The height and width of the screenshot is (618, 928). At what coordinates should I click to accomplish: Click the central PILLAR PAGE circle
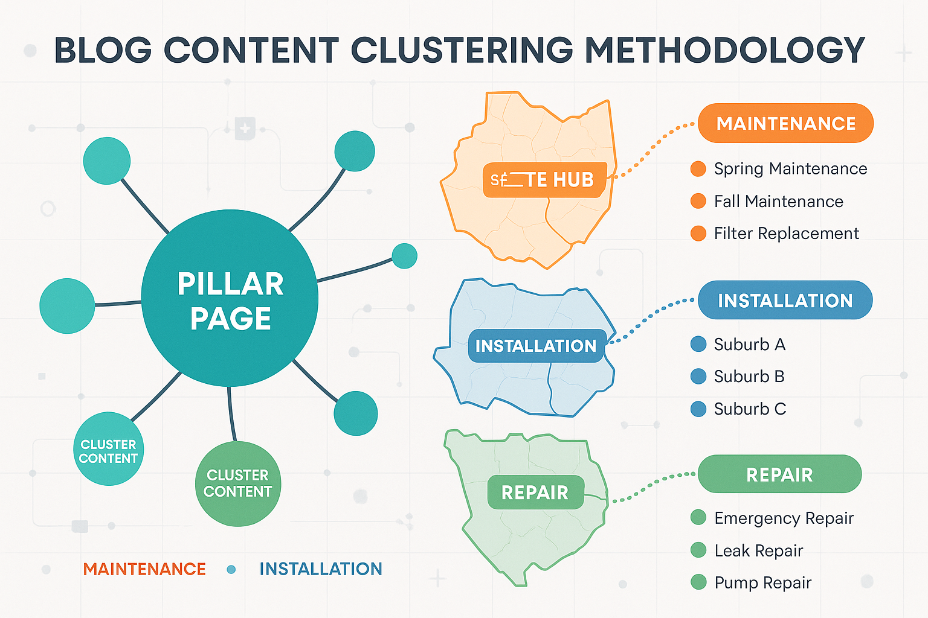pyautogui.click(x=230, y=298)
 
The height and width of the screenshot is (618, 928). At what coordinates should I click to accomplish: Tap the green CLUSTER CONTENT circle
pyautogui.click(x=238, y=483)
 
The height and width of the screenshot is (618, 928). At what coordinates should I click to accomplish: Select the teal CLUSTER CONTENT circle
pyautogui.click(x=109, y=449)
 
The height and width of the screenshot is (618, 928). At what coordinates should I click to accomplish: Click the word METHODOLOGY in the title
pyautogui.click(x=725, y=50)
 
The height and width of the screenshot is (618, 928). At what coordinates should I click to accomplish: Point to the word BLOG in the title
pyautogui.click(x=103, y=50)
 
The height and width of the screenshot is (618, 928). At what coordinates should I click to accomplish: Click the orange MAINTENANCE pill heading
pyautogui.click(x=785, y=124)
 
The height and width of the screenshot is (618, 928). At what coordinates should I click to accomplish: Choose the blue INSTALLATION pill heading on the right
pyautogui.click(x=785, y=301)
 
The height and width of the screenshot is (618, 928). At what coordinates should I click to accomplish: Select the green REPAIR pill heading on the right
pyautogui.click(x=779, y=474)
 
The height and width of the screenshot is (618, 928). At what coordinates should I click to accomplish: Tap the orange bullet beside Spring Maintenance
pyautogui.click(x=698, y=169)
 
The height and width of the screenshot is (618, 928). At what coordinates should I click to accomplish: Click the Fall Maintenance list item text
pyautogui.click(x=778, y=202)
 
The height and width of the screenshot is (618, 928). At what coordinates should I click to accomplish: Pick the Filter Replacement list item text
pyautogui.click(x=786, y=234)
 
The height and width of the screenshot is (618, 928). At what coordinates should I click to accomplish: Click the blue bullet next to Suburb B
pyautogui.click(x=698, y=377)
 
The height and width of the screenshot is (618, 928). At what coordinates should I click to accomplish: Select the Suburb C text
pyautogui.click(x=750, y=409)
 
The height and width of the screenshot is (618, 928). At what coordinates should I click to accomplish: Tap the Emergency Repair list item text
pyautogui.click(x=784, y=518)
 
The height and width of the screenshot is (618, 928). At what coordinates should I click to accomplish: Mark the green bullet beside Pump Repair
pyautogui.click(x=698, y=582)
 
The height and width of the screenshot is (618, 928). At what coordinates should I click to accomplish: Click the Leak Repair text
pyautogui.click(x=758, y=550)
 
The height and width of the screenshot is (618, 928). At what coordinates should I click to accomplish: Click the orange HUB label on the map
pyautogui.click(x=544, y=180)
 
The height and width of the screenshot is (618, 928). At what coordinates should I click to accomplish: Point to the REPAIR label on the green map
pyautogui.click(x=535, y=492)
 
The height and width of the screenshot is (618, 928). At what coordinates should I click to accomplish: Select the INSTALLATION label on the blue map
pyautogui.click(x=536, y=346)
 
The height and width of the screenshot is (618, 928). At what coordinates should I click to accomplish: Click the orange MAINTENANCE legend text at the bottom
pyautogui.click(x=144, y=569)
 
